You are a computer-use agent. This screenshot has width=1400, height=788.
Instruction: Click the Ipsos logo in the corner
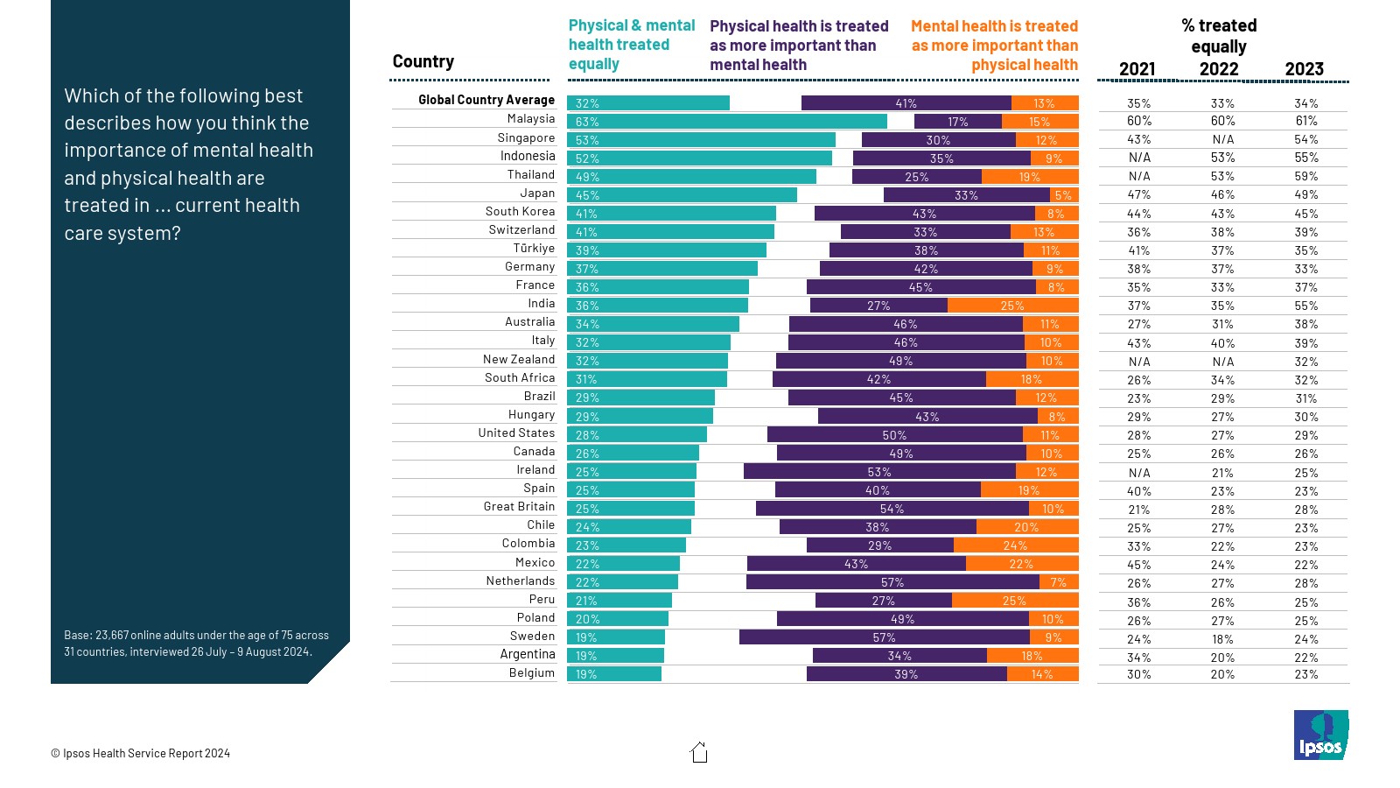coord(1320,735)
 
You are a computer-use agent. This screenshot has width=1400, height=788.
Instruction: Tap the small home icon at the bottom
coord(699,753)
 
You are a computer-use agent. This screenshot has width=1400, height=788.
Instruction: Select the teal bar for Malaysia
coord(726,122)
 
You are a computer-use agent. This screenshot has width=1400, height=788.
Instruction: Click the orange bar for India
coord(1012,306)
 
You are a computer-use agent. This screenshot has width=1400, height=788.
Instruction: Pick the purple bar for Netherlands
coord(892,582)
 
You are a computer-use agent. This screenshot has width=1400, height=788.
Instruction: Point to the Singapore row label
coord(526,137)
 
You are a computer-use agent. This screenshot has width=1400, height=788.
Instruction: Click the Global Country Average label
coord(486,100)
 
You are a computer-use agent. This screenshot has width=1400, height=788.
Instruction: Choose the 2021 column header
coord(1137,69)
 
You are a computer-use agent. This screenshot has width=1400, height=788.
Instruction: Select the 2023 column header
coord(1304,69)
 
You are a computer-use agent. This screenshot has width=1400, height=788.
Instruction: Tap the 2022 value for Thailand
coord(1222,176)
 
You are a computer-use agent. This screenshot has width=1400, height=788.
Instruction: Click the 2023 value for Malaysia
coord(1306,121)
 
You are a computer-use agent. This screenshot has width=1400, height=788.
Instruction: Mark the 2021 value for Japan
coord(1139,194)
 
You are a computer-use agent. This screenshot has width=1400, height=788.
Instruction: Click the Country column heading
coord(423,61)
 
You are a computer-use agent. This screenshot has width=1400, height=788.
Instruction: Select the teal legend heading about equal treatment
coord(631,45)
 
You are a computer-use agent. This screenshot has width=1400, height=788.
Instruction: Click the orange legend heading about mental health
coord(995,46)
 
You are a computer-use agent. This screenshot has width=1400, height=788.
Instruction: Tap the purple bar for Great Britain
coord(892,509)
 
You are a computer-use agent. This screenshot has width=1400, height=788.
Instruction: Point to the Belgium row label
coord(531,672)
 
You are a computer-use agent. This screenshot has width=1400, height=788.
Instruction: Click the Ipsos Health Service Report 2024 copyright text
coord(141,753)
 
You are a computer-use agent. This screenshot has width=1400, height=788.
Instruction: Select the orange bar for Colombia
coord(1015,545)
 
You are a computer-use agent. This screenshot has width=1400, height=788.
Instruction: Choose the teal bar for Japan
coord(682,195)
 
